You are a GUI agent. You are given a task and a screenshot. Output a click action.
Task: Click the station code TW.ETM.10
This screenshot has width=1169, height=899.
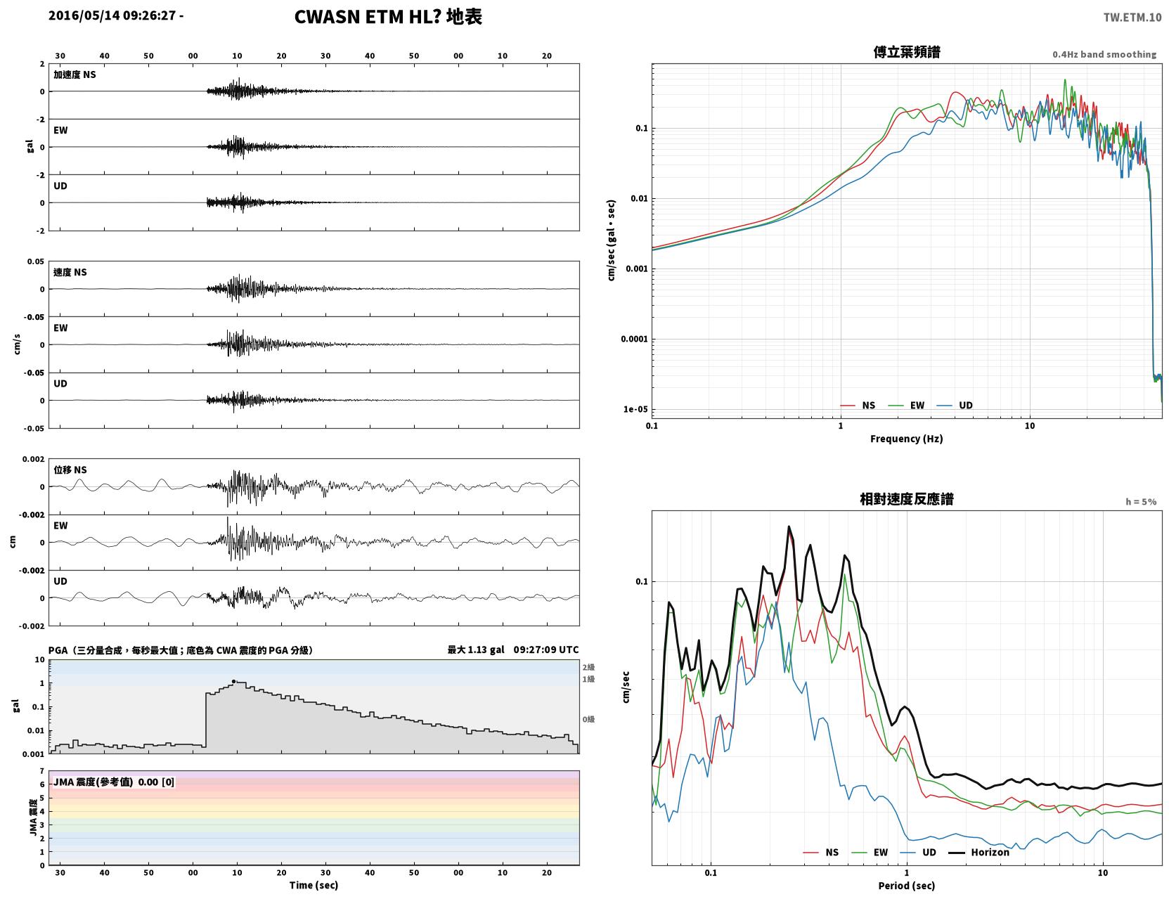[1132, 17]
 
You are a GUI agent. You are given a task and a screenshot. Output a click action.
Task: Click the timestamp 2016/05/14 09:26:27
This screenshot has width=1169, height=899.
[112, 15]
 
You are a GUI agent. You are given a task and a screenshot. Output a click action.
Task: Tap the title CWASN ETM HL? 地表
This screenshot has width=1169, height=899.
[387, 17]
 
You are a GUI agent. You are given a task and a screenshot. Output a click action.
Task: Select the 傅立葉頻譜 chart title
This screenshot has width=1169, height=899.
[906, 52]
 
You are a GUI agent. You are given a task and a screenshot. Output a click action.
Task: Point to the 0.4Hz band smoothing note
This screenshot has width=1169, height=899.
[1104, 54]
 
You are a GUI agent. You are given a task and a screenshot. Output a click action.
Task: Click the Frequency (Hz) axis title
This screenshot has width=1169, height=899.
[906, 438]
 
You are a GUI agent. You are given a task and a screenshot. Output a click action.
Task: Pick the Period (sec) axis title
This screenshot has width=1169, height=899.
[906, 885]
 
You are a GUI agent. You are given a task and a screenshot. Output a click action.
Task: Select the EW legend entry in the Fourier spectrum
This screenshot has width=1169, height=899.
[907, 406]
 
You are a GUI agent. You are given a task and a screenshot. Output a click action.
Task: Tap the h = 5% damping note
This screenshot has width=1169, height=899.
[1140, 502]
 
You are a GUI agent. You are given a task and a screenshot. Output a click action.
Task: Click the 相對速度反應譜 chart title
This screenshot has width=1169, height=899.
[906, 499]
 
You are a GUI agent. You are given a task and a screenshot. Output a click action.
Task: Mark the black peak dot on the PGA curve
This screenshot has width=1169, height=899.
[233, 681]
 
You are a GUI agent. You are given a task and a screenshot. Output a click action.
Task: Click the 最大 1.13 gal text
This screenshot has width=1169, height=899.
[476, 649]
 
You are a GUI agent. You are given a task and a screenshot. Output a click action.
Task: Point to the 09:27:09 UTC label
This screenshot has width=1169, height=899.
[545, 649]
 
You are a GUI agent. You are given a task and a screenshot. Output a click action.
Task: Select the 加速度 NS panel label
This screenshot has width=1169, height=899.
[75, 75]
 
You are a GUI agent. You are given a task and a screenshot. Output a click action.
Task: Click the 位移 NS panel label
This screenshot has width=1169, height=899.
[70, 470]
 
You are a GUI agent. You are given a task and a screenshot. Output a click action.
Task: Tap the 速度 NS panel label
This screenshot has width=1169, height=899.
[70, 273]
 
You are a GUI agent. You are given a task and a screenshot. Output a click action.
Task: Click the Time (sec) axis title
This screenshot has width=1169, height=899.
[314, 885]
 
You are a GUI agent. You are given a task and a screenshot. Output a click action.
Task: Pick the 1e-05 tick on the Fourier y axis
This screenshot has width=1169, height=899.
[635, 409]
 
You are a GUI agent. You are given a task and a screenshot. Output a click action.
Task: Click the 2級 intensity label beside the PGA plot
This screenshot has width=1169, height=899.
[588, 667]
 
